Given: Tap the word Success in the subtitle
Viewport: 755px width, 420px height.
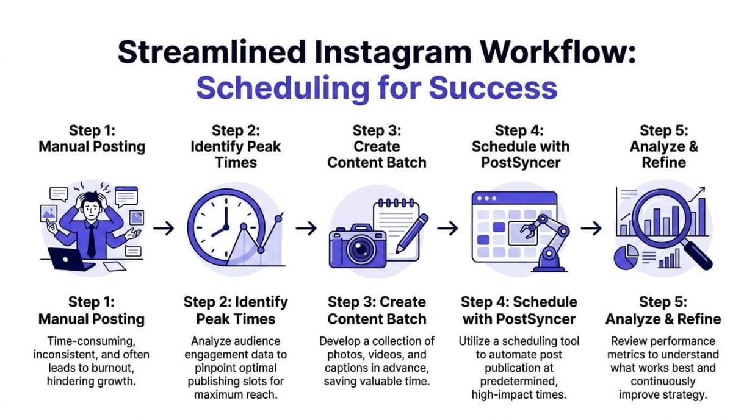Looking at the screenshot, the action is pos(493,88).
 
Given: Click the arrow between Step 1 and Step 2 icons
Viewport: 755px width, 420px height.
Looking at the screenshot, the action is pos(164,229).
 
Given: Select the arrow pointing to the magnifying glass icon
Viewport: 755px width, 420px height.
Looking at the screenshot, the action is pos(591,228).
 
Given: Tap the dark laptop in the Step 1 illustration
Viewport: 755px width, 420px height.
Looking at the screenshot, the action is pos(69,260).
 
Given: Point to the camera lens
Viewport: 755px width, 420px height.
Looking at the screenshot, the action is pos(361,249).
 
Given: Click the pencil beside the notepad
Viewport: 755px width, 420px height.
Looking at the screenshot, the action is pos(411,233).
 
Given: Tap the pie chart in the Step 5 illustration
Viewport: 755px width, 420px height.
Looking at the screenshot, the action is pos(626,257).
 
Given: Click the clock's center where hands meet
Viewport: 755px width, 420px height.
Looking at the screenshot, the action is pos(226,227).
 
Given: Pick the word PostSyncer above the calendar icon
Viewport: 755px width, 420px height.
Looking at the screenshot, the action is pos(521,163).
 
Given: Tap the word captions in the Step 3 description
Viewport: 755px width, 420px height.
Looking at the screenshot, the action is pos(347,368).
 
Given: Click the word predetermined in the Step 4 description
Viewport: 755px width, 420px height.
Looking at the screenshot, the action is pos(519,382).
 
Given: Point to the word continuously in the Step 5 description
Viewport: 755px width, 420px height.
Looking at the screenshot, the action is pos(663,382).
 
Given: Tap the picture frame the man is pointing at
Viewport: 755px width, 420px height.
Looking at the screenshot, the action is pos(49,213).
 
